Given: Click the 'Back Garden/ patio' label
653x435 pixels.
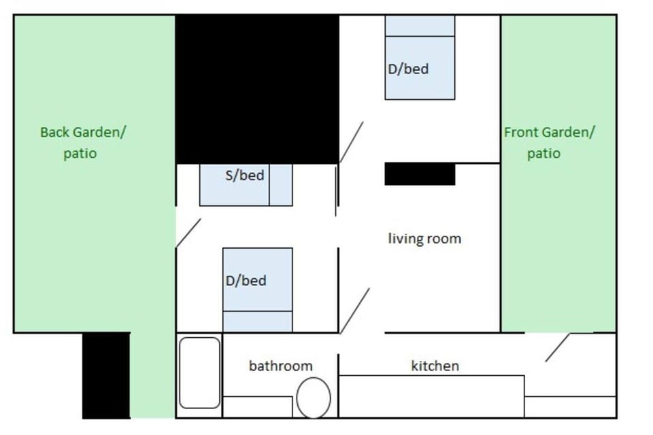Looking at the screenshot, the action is (x=83, y=143).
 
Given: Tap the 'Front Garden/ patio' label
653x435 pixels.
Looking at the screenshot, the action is (x=550, y=143).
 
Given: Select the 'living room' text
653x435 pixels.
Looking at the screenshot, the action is (x=424, y=239).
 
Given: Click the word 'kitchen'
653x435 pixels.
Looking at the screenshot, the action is (x=435, y=366).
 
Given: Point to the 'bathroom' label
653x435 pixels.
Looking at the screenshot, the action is (x=281, y=366).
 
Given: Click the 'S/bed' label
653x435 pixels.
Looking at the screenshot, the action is (x=244, y=175).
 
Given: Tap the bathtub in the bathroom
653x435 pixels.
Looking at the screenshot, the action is (x=199, y=372).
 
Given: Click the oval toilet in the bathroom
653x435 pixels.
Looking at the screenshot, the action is (x=314, y=398).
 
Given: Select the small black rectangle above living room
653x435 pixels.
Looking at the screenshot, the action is (x=420, y=174).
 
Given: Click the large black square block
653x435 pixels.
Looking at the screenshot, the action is (x=257, y=89).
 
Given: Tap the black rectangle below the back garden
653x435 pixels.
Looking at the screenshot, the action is (x=106, y=375).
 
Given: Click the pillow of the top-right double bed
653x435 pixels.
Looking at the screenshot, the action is (x=420, y=26).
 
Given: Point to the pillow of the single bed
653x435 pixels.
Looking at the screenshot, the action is (x=281, y=185).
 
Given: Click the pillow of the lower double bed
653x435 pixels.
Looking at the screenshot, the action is (x=258, y=321).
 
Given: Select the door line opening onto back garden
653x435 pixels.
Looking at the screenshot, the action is (x=188, y=232).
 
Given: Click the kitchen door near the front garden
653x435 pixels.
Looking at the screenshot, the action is (x=558, y=347).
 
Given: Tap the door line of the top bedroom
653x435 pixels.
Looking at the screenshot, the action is (x=352, y=142).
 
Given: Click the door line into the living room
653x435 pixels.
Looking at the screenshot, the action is (x=355, y=311).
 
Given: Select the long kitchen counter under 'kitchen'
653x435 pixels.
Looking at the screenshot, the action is (x=431, y=397).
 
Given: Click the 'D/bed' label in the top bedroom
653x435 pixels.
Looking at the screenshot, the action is (x=408, y=69).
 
